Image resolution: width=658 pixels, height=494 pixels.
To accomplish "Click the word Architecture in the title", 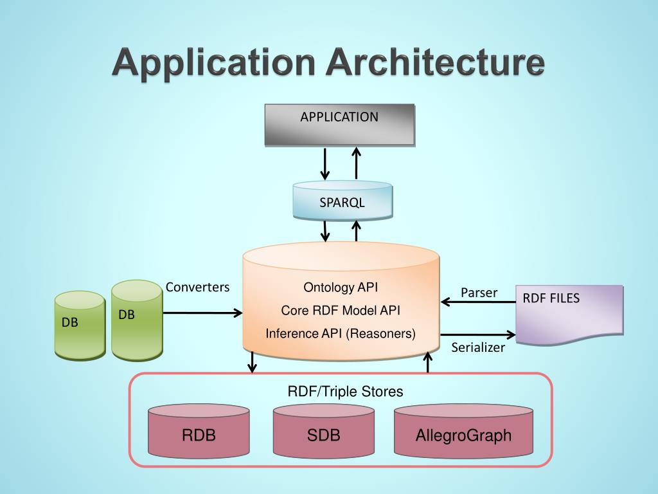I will [436, 64].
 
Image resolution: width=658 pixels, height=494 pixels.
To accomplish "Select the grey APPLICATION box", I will [339, 124].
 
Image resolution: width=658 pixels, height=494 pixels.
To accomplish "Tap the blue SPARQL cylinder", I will [342, 202].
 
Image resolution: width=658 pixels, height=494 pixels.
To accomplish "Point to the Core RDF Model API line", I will [341, 310].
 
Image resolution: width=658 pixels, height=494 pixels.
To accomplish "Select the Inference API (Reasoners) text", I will [341, 334].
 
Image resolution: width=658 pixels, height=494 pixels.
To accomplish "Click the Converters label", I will [197, 287].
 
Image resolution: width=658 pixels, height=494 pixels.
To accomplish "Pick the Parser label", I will [479, 293].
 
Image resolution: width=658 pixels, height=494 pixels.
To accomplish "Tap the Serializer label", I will [478, 348].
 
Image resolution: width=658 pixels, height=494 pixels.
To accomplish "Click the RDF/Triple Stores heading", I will [345, 391].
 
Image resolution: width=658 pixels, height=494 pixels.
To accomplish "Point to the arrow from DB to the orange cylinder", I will [202, 313].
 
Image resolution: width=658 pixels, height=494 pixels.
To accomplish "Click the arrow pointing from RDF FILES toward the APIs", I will [478, 301].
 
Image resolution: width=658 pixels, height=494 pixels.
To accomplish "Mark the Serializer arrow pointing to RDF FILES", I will [478, 334].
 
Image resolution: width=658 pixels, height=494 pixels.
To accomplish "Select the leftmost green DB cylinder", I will [79, 325].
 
